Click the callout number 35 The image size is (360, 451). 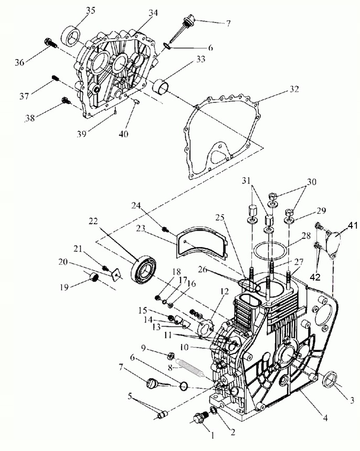click(x=91, y=10)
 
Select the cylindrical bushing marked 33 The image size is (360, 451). click(x=162, y=86)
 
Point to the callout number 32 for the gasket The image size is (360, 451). click(x=294, y=89)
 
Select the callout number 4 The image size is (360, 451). click(x=325, y=418)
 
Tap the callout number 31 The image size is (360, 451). click(x=247, y=181)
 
